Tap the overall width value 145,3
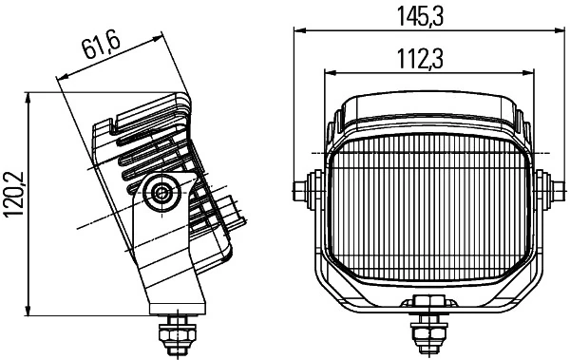click(x=426, y=14)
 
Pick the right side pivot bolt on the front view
click(x=545, y=190)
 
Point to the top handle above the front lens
click(x=426, y=105)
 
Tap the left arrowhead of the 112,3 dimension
click(x=330, y=73)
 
